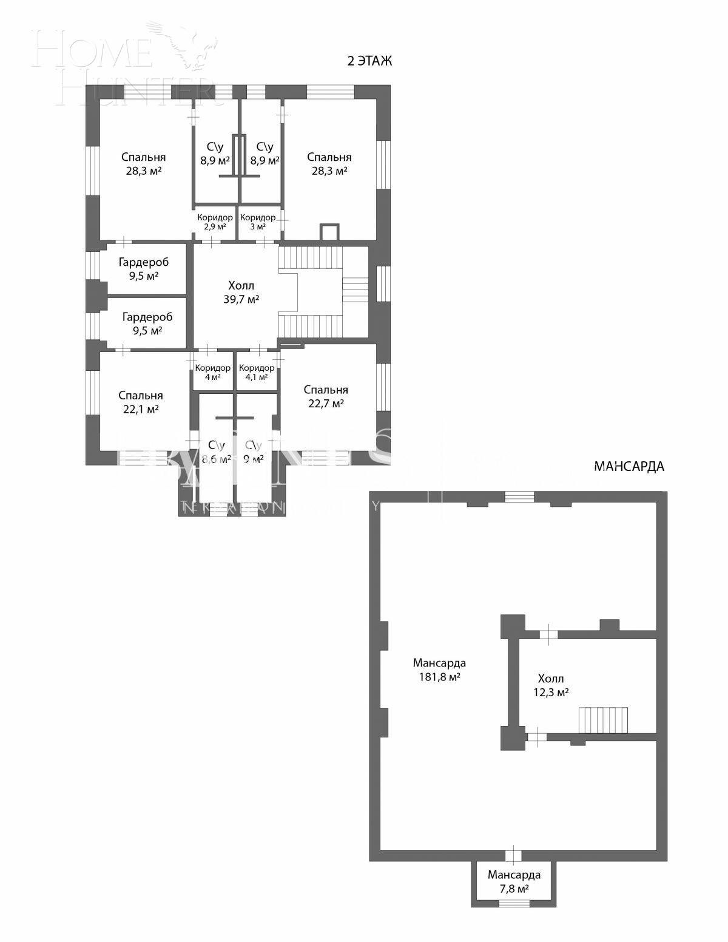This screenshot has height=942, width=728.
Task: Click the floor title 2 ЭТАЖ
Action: coord(369,61)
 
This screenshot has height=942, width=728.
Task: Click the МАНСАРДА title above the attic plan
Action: coord(629,466)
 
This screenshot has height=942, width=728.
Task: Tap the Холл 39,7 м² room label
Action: coord(241,292)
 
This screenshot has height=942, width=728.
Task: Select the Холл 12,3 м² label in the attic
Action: coord(550,685)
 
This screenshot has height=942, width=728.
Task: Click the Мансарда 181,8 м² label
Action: coord(439,669)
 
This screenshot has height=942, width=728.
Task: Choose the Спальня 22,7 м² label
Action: coord(326,396)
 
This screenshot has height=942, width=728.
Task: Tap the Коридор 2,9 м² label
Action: coord(215,222)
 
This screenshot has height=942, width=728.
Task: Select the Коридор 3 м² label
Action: coord(258,222)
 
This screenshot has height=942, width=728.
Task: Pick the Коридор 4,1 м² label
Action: coord(257,372)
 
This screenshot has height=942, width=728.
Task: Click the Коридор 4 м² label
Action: coord(212,372)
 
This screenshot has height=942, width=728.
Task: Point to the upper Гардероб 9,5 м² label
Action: coord(144,269)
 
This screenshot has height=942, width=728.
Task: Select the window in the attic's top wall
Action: coord(519,497)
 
